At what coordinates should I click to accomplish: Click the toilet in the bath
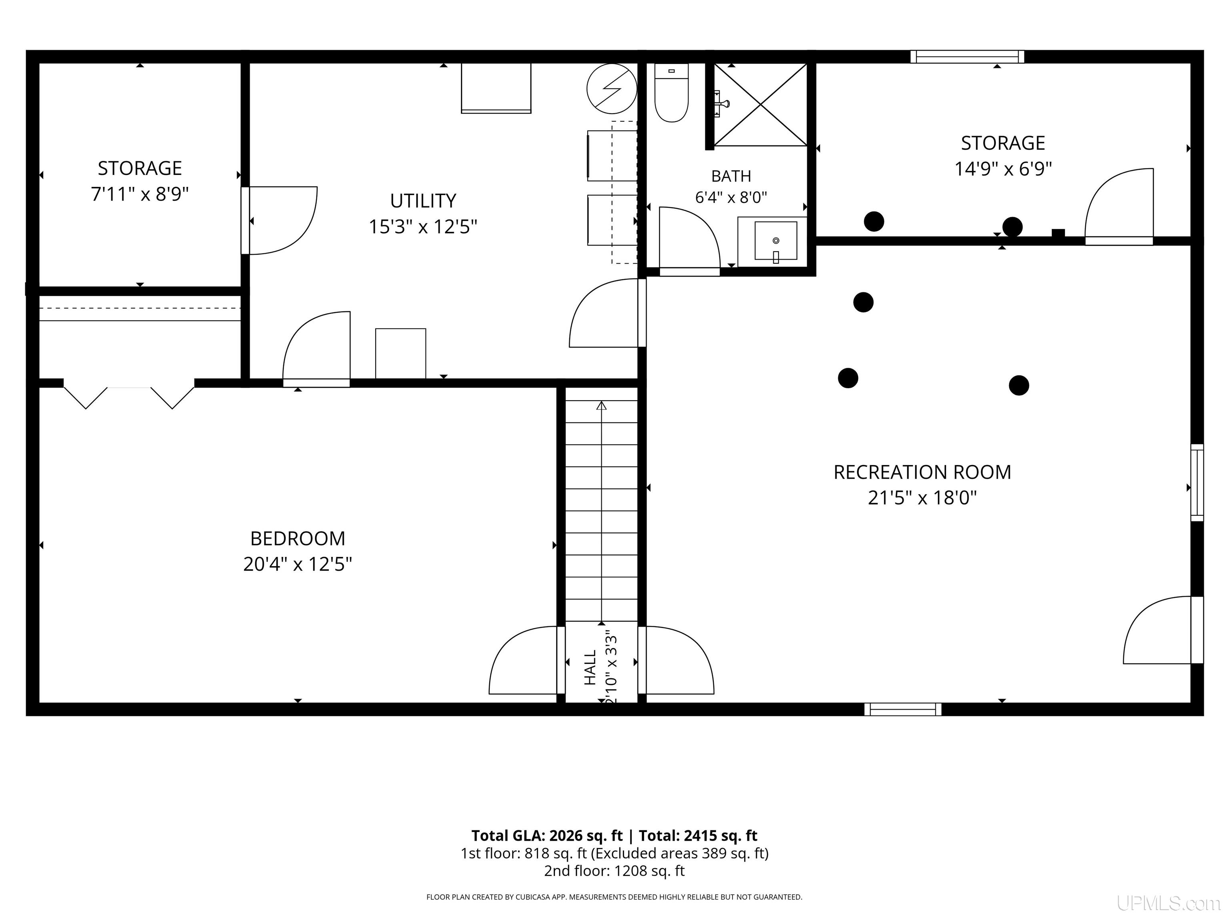(671, 92)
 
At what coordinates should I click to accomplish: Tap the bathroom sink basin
(776, 241)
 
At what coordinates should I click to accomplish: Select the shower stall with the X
(760, 104)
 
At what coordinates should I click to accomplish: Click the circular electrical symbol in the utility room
(612, 89)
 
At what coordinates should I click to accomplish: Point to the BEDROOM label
(298, 539)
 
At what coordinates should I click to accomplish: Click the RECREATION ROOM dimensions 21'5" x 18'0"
(922, 497)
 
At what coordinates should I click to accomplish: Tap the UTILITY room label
(423, 200)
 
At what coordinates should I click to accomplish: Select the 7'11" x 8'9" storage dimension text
(140, 194)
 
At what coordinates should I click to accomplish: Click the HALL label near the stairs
(590, 667)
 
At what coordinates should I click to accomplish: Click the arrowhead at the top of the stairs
(601, 406)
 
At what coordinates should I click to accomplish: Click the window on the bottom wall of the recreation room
(903, 709)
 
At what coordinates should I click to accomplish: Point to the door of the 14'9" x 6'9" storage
(1119, 206)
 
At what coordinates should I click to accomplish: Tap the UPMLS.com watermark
(1169, 903)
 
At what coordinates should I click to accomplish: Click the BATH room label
(731, 176)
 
